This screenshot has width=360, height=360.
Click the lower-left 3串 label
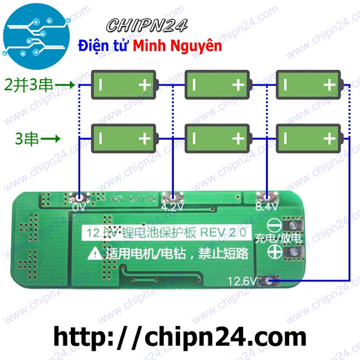(28, 137)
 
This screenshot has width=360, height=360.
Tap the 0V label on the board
(78, 207)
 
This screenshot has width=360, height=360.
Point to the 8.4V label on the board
(263, 207)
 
